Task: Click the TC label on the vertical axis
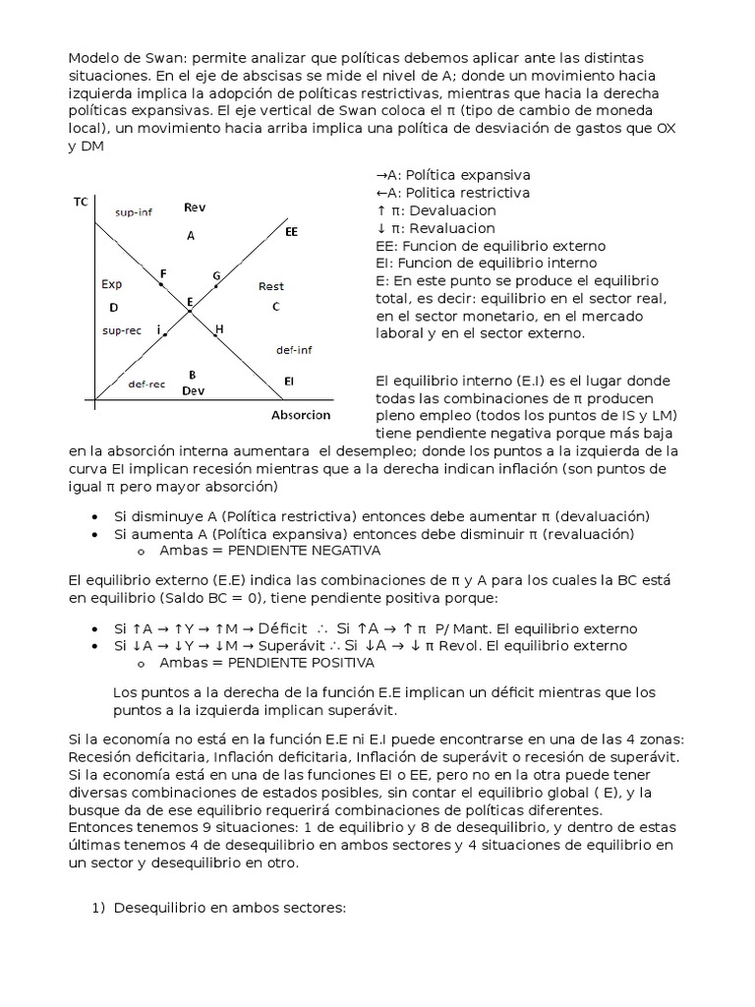[81, 202]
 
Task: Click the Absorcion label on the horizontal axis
[301, 415]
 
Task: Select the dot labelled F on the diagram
[161, 284]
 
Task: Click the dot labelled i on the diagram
[166, 335]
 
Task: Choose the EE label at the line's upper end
[291, 232]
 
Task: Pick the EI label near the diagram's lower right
[289, 380]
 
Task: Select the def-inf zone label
[295, 349]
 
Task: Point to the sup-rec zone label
[122, 330]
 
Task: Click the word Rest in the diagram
[271, 286]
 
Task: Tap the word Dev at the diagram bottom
[193, 390]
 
